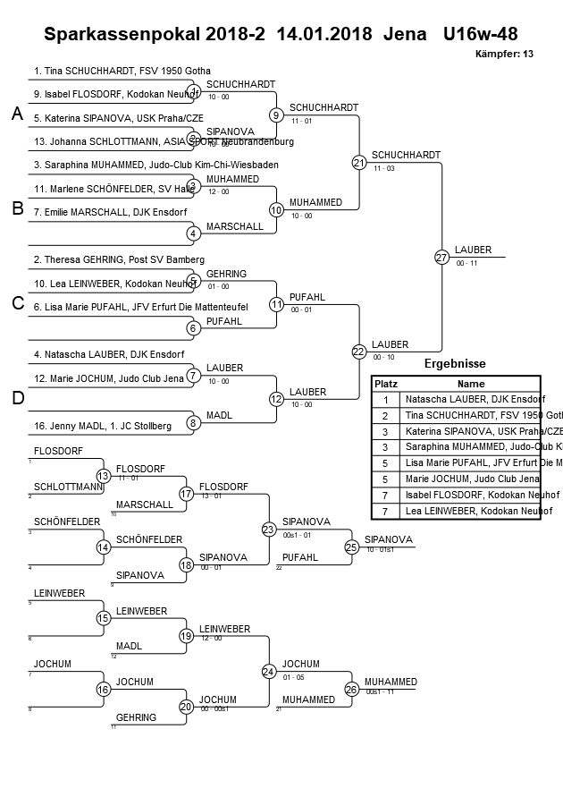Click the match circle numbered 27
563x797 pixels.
[x=441, y=257]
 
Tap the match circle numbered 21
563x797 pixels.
[x=359, y=162]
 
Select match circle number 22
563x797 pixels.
[x=359, y=352]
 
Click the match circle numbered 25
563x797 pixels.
[x=352, y=547]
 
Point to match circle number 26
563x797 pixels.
[x=352, y=689]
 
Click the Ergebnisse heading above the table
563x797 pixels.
[x=454, y=364]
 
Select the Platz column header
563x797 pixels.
[x=385, y=383]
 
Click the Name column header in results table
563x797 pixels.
[x=470, y=383]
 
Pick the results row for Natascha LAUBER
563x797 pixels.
[x=475, y=399]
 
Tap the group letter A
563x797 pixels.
[x=17, y=114]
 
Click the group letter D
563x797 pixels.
[x=17, y=398]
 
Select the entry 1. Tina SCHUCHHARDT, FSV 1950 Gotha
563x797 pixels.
[x=122, y=71]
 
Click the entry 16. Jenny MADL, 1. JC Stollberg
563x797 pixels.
[x=103, y=426]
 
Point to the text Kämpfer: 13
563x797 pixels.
[x=504, y=55]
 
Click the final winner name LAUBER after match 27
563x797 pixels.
[x=472, y=250]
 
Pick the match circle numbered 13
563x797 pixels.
[x=104, y=476]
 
